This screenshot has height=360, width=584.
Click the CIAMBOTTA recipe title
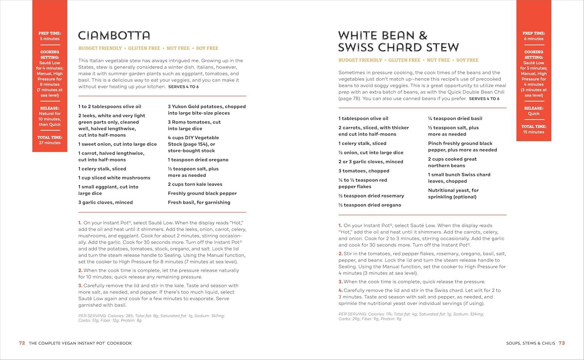coord(114,35)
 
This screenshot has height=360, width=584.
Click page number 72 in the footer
coord(22,343)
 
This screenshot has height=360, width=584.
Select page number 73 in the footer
coord(561,343)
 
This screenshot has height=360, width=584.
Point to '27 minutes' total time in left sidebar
coord(49,143)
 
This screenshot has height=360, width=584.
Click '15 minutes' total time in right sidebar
coord(533,132)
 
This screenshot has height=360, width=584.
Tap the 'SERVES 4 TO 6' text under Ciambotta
coord(183,87)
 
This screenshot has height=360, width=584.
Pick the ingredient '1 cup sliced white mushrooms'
coord(114,178)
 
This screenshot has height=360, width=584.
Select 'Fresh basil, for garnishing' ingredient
coord(199,202)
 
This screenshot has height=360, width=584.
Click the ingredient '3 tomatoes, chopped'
coord(364,171)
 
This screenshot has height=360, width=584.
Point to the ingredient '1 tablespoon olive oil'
coord(363,119)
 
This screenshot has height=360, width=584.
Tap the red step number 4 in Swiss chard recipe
coord(340,290)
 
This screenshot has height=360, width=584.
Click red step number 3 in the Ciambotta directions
coord(80,286)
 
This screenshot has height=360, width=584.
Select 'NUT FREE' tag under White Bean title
coord(438,60)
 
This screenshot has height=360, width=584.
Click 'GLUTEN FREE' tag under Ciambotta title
coord(144,48)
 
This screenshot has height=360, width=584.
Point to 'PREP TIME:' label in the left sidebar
coord(49,33)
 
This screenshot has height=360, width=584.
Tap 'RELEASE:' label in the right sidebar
coord(533,108)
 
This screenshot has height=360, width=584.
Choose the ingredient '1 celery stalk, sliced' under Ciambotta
coord(102,169)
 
